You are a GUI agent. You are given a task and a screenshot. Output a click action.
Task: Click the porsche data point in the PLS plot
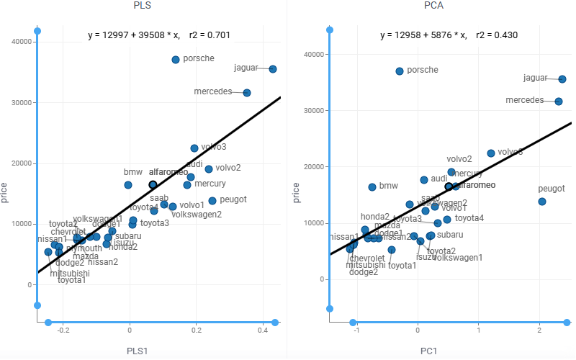pyautogui.click(x=176, y=60)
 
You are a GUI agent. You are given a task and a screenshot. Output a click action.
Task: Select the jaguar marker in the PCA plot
pyautogui.click(x=562, y=79)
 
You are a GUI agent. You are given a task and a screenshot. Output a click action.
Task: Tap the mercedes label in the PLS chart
pyautogui.click(x=212, y=91)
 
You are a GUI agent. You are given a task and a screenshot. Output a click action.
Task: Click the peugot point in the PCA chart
pyautogui.click(x=542, y=202)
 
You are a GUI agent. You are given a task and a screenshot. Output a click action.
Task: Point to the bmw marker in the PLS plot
pyautogui.click(x=128, y=185)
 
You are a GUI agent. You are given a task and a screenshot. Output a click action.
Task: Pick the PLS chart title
pyautogui.click(x=143, y=6)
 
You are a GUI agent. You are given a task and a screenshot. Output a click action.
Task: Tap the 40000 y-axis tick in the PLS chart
pyautogui.click(x=19, y=42)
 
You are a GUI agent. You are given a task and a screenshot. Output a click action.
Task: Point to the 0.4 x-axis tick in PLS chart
pyautogui.click(x=262, y=330)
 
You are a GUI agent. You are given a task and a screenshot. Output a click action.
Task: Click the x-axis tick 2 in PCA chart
pyautogui.click(x=539, y=330)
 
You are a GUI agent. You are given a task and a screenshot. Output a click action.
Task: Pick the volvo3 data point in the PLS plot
pyautogui.click(x=194, y=148)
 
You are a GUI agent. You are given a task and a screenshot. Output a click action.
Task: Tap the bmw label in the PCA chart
pyautogui.click(x=388, y=186)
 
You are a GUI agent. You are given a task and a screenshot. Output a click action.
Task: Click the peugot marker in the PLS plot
pyautogui.click(x=212, y=201)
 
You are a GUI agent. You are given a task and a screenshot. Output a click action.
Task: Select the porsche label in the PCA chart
pyautogui.click(x=423, y=70)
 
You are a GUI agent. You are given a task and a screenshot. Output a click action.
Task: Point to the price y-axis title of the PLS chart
pyautogui.click(x=6, y=193)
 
